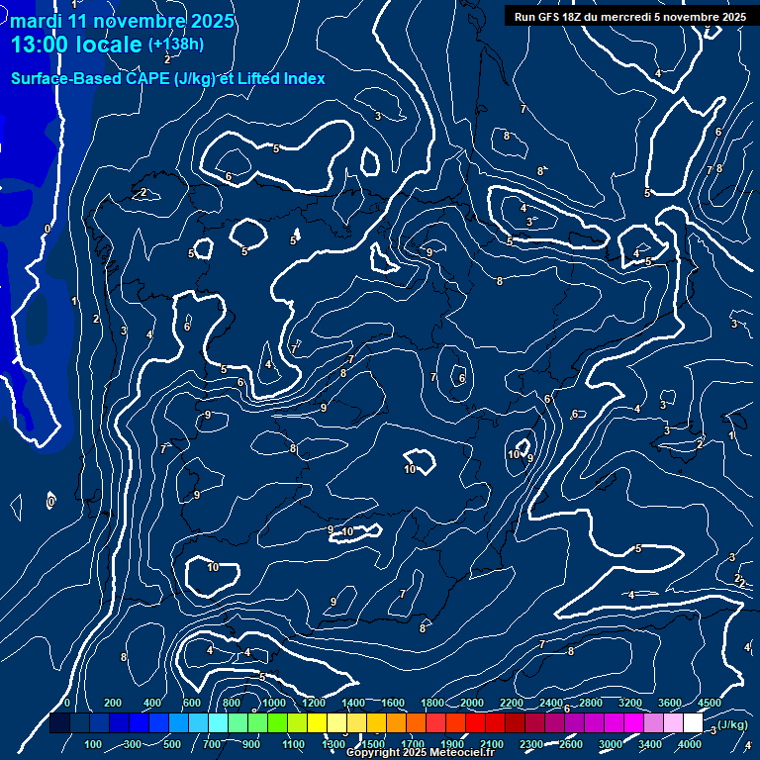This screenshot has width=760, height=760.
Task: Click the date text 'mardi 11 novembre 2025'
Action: [123, 21]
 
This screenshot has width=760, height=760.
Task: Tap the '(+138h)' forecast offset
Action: [176, 45]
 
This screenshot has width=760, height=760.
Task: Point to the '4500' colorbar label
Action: [710, 703]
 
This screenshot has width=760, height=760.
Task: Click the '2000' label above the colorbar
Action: [473, 703]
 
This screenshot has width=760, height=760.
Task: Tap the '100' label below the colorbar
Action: [94, 744]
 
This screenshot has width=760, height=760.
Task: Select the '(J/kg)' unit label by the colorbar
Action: [731, 725]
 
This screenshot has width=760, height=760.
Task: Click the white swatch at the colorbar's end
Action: [693, 724]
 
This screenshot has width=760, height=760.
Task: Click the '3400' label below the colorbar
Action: [650, 744]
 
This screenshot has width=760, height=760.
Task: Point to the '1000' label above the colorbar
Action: [274, 703]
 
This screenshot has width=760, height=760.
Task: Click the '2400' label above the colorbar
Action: [552, 703]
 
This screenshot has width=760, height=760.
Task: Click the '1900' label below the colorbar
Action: [453, 744]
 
